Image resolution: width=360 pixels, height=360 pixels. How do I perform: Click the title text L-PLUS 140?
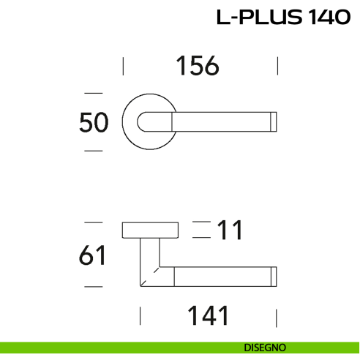pyautogui.click(x=283, y=18)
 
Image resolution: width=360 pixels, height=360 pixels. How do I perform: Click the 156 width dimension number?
pyautogui.click(x=198, y=67)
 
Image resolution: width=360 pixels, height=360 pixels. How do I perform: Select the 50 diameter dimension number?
pyautogui.click(x=94, y=122)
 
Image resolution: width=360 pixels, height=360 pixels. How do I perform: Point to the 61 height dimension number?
pyautogui.click(x=93, y=256)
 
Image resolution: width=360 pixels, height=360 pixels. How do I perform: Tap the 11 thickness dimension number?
pyautogui.click(x=229, y=230)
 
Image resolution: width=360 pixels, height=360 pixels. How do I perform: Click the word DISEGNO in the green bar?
pyautogui.click(x=265, y=347)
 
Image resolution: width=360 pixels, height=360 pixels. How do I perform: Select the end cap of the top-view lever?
pyautogui.click(x=274, y=122)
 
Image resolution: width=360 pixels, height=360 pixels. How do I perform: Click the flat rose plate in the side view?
pyautogui.click(x=150, y=230)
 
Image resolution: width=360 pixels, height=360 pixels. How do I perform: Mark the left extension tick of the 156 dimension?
pyautogui.click(x=123, y=67)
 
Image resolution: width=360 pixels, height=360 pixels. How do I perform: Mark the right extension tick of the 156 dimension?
pyautogui.click(x=278, y=67)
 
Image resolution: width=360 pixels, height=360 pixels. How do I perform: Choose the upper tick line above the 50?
pyautogui.click(x=93, y=94)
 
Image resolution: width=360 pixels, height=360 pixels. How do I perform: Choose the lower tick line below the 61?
pyautogui.click(x=93, y=286)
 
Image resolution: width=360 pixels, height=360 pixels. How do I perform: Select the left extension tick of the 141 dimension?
pyautogui.click(x=140, y=317)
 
